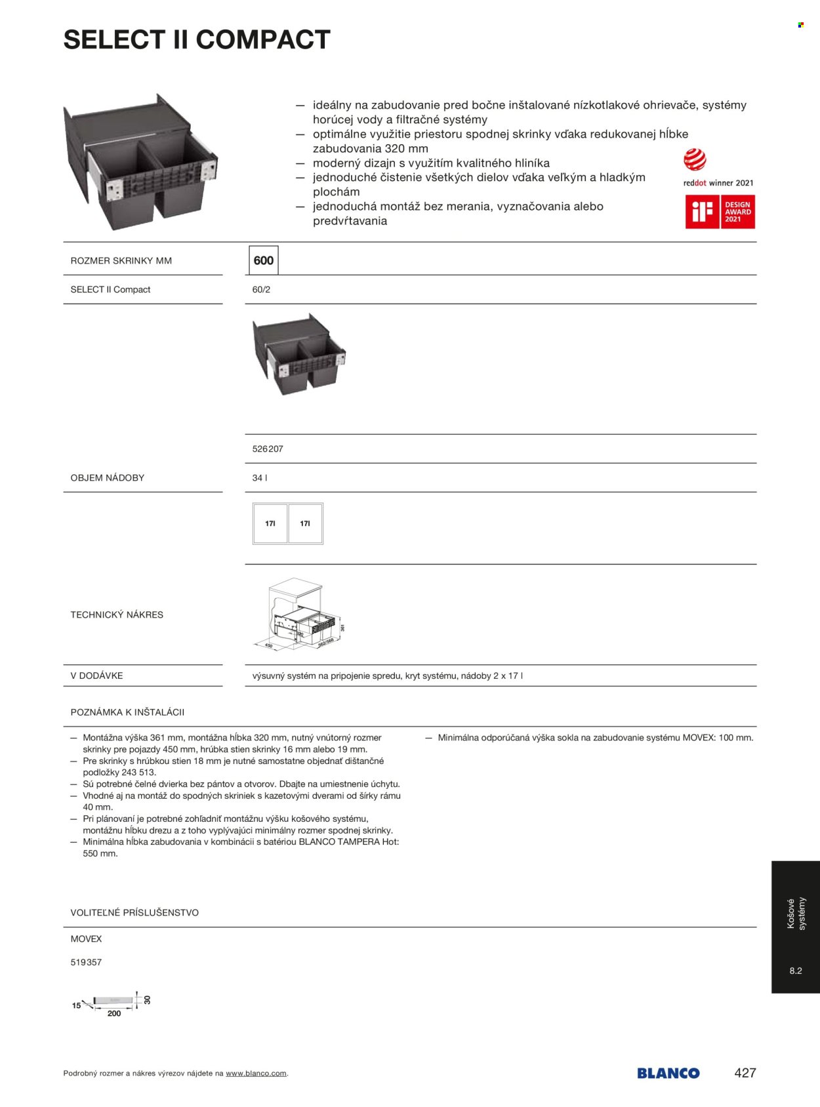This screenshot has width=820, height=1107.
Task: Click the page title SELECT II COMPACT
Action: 197,40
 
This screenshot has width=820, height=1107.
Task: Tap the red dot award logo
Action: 695,160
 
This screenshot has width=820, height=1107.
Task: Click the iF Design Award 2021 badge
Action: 720,212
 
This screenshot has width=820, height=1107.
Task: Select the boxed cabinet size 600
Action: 264,260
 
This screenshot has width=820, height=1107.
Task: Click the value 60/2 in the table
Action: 261,289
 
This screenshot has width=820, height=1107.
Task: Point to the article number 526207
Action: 268,449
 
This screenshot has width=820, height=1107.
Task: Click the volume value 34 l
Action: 260,478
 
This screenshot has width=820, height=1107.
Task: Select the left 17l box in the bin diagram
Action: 270,523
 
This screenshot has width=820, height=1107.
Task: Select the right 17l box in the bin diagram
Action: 305,523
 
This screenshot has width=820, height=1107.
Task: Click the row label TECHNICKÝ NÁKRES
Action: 117,614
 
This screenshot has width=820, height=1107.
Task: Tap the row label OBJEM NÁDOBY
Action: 108,478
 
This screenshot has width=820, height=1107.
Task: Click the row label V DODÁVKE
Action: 96,675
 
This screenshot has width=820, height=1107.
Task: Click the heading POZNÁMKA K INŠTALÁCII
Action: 127,712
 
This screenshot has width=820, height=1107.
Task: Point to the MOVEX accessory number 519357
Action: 86,963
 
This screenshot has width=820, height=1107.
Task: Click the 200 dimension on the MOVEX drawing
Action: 114,1014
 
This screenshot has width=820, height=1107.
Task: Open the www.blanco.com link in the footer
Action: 256,1074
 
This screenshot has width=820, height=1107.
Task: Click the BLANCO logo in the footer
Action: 668,1074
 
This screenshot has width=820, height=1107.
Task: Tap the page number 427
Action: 745,1073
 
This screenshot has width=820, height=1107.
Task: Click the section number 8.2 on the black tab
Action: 796,971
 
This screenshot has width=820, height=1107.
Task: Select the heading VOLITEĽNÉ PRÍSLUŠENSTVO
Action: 134,913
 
